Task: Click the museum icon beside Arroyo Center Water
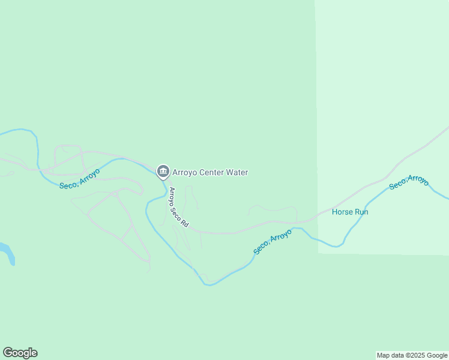point(163,172)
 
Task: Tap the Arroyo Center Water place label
point(210,173)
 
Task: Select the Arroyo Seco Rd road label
point(179,207)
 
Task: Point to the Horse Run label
point(350,212)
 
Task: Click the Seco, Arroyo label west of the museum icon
point(79,178)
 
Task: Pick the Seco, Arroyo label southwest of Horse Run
point(273,241)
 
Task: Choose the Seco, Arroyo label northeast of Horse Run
point(409,182)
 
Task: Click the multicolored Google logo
point(20,353)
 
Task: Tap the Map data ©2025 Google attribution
point(412,355)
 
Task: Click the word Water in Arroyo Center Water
point(236,173)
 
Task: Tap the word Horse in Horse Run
point(342,212)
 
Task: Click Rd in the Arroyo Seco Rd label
point(185,223)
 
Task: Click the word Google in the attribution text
point(437,355)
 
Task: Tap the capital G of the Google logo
point(8,353)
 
